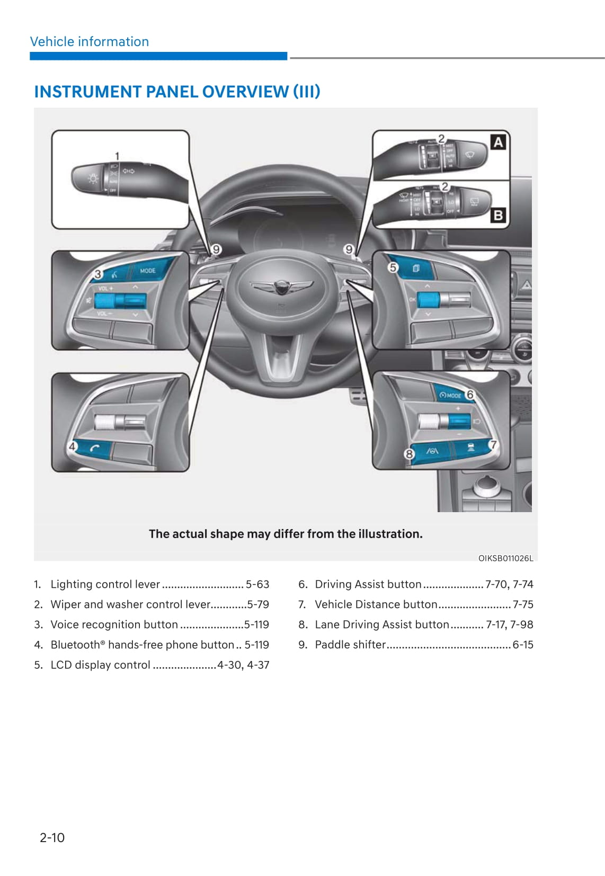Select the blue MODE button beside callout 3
tap(148, 271)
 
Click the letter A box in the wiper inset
tap(498, 142)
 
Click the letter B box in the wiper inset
tap(498, 215)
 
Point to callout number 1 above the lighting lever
tap(117, 156)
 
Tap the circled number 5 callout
tap(393, 267)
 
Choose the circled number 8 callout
tap(409, 454)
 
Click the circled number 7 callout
tap(493, 444)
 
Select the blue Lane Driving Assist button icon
tap(433, 451)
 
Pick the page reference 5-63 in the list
tap(257, 584)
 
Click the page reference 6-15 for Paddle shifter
tap(523, 645)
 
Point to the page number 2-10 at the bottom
tap(52, 837)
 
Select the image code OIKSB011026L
tap(505, 558)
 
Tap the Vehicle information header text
tap(90, 42)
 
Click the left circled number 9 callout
tap(216, 249)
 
